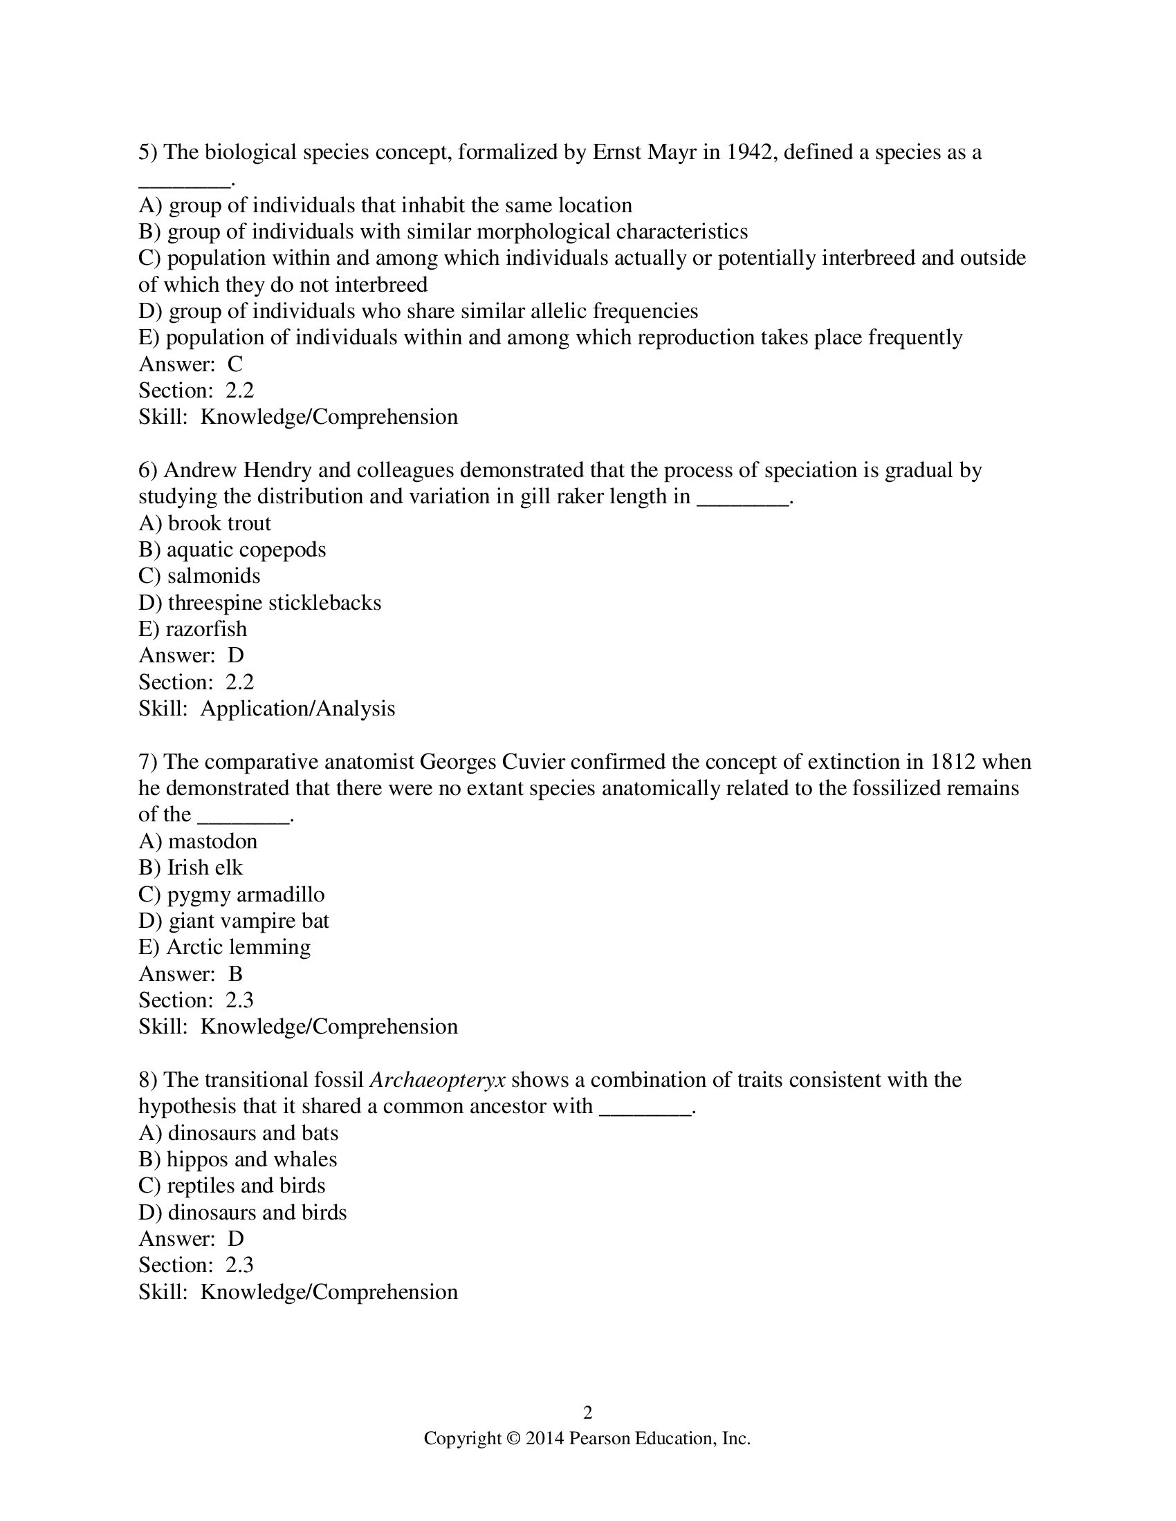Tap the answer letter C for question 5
pos(235,364)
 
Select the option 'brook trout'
pos(219,523)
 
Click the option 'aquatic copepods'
pos(246,550)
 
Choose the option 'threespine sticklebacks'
pos(275,602)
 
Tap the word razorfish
pos(206,629)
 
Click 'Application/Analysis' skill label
pos(297,708)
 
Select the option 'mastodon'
pos(212,841)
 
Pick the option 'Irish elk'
pos(205,868)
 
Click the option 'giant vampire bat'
pos(249,921)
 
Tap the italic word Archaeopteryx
pos(437,1080)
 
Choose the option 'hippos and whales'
pos(252,1159)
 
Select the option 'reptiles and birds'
pos(246,1186)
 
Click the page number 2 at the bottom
pos(587,1412)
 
